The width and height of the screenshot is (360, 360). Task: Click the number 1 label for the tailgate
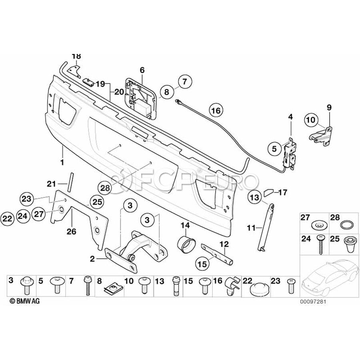click(62, 163)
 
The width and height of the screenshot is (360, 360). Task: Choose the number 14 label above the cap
click(185, 226)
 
